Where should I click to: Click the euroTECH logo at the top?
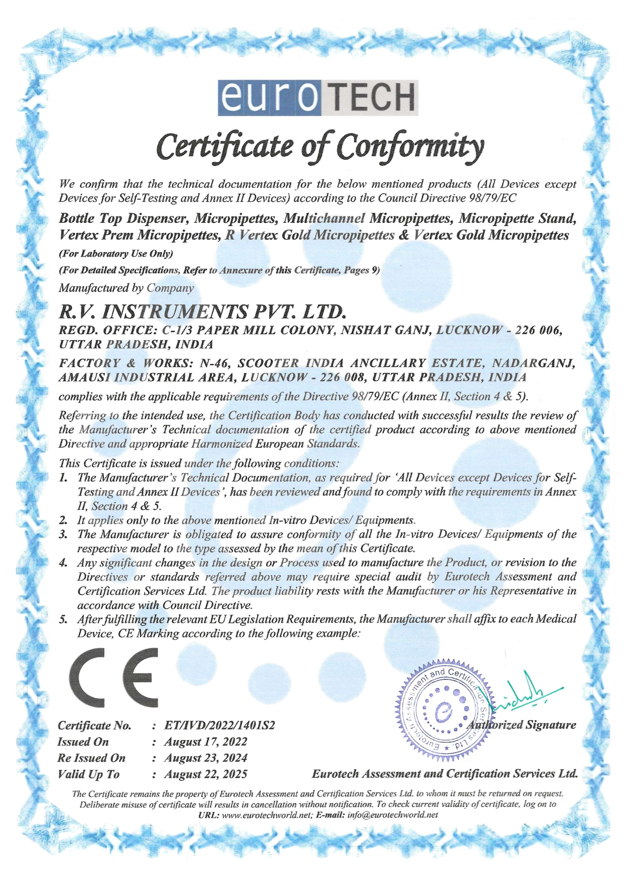pos(317,97)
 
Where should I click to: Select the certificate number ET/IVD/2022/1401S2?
pos(220,725)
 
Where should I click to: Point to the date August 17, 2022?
pos(205,742)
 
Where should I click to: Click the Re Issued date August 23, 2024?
pos(205,758)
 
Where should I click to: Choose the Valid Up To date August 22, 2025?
pos(205,774)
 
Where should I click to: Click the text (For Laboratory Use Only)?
pos(116,254)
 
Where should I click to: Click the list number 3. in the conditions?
pos(63,535)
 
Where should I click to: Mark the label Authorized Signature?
pos(521,725)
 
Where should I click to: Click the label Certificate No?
pos(94,725)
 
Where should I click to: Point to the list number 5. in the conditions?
pos(63,619)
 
